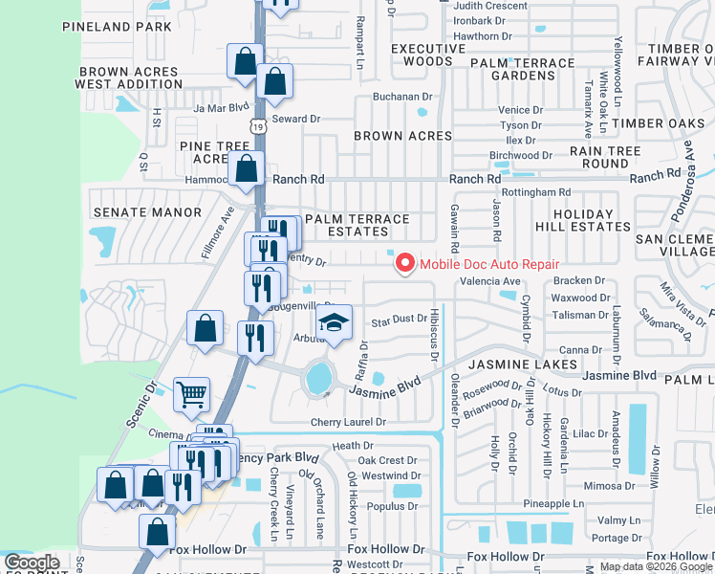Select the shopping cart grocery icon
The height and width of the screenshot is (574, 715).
click(x=191, y=392)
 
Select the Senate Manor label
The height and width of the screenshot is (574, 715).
click(x=146, y=211)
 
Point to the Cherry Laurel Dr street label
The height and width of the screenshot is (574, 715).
click(x=347, y=422)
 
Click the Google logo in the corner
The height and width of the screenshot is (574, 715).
click(x=32, y=563)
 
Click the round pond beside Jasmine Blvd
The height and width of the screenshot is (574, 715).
click(x=318, y=379)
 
